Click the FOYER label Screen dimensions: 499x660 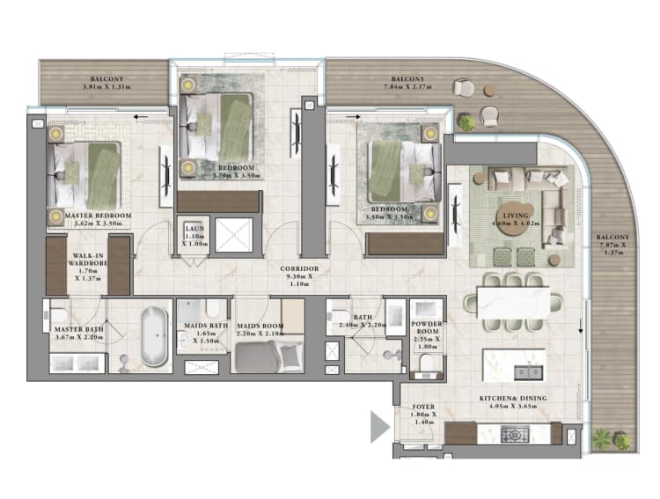(x=424, y=407)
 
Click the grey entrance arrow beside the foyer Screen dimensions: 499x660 (x=379, y=428)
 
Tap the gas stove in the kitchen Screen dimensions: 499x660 (x=514, y=434)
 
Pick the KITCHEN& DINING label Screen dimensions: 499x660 (x=513, y=399)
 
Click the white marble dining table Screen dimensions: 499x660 (x=511, y=298)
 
